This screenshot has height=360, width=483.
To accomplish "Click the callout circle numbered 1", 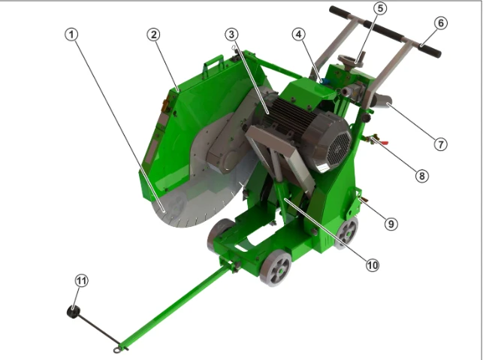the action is tap(71, 35).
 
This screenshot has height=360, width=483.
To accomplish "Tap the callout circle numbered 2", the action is tap(154, 35).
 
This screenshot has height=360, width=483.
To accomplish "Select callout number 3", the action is tap(231, 35).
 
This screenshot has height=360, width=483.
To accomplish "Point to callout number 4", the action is tap(298, 35).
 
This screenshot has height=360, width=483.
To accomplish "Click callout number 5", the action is tap(380, 8).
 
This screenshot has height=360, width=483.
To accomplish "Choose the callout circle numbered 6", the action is tap(441, 23).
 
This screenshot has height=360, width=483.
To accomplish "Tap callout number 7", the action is tap(440, 144).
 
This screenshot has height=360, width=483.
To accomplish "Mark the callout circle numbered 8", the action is tap(421, 176).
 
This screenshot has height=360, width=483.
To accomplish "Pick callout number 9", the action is tap(391, 224).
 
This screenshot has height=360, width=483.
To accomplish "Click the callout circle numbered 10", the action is tap(372, 265).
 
